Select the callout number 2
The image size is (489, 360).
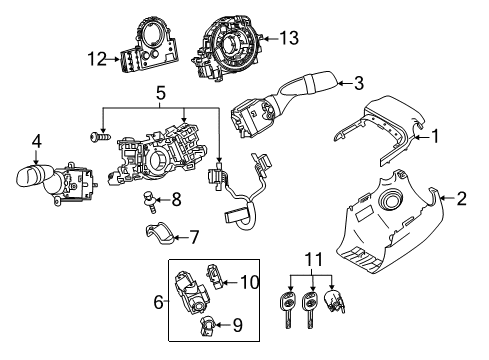[462, 199]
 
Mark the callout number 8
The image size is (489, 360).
[176, 200]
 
